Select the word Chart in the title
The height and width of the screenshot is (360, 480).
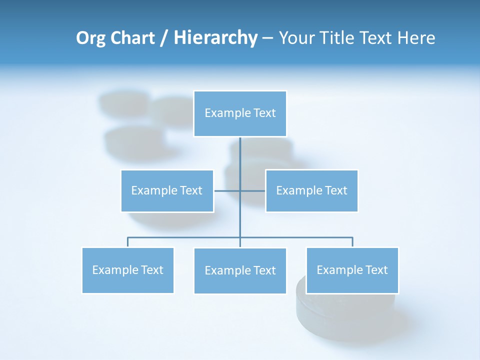[130, 38]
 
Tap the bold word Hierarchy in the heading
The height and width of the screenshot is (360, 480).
[215, 38]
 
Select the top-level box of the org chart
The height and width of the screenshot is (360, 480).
[240, 113]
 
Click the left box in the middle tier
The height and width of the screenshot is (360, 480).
[167, 190]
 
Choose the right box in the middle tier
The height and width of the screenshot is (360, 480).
[311, 190]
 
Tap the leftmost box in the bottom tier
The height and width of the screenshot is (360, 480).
[127, 270]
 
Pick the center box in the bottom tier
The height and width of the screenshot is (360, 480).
[240, 270]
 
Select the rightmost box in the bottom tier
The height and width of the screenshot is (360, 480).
[352, 270]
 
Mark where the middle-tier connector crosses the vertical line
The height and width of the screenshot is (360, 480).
[240, 190]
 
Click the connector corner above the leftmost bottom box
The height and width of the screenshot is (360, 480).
[128, 237]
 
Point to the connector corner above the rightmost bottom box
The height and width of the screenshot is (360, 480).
[352, 237]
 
